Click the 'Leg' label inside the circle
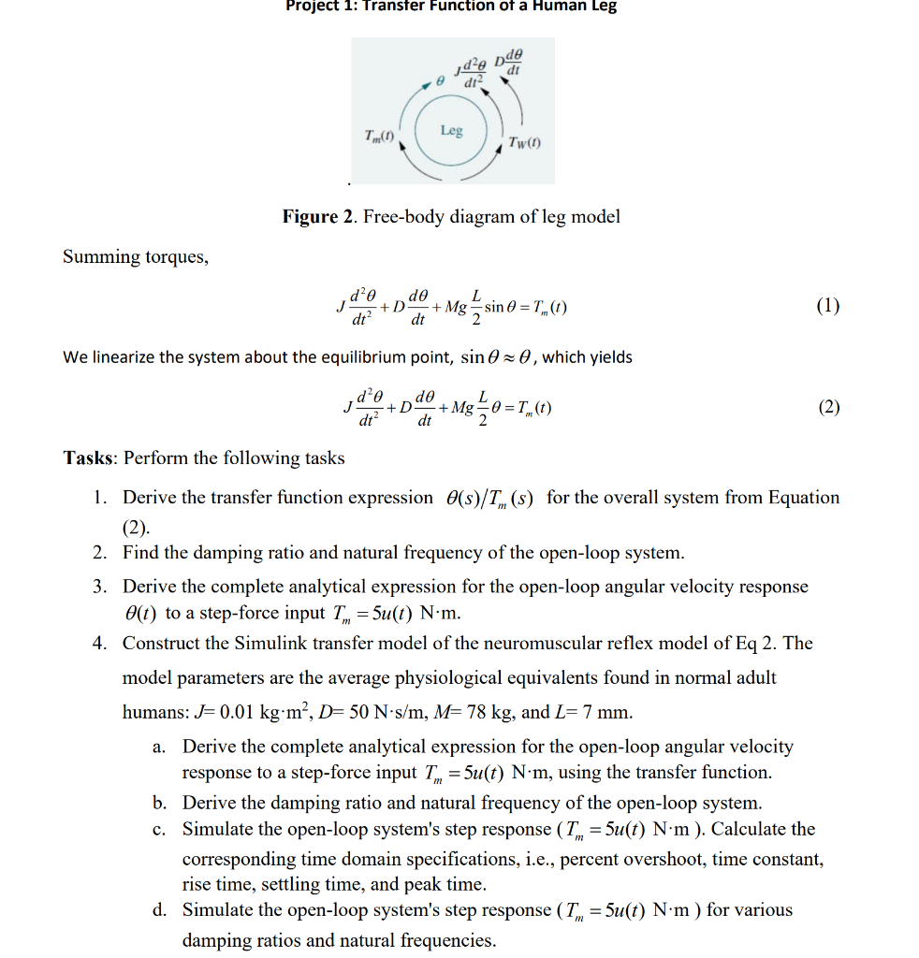point(452,130)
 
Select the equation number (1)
point(827,305)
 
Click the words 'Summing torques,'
point(136,257)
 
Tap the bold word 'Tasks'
point(89,458)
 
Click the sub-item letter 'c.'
point(160,830)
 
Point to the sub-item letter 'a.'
point(160,747)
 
